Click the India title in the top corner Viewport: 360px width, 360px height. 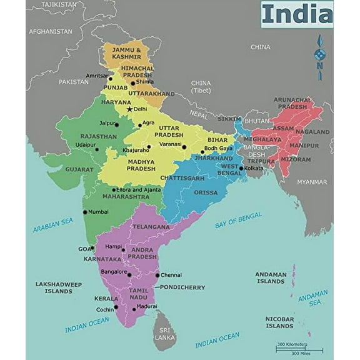point(296,14)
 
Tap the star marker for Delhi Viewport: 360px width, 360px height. point(129,109)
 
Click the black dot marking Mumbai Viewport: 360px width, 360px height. point(85,212)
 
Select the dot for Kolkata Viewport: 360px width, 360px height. point(241,168)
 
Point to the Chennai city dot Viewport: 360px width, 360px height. point(157,275)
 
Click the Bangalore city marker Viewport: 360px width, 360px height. point(129,274)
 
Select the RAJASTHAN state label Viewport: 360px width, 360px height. point(98,136)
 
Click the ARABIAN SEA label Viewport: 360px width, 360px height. point(53,225)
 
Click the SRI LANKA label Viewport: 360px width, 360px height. point(165,333)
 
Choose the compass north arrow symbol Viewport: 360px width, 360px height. point(319,57)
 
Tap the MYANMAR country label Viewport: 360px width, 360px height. point(311,182)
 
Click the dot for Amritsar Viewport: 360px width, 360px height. point(110,79)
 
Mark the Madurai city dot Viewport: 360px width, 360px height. point(134,309)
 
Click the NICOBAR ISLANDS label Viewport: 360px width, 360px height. point(279,322)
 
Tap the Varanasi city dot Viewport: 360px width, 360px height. point(184,147)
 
